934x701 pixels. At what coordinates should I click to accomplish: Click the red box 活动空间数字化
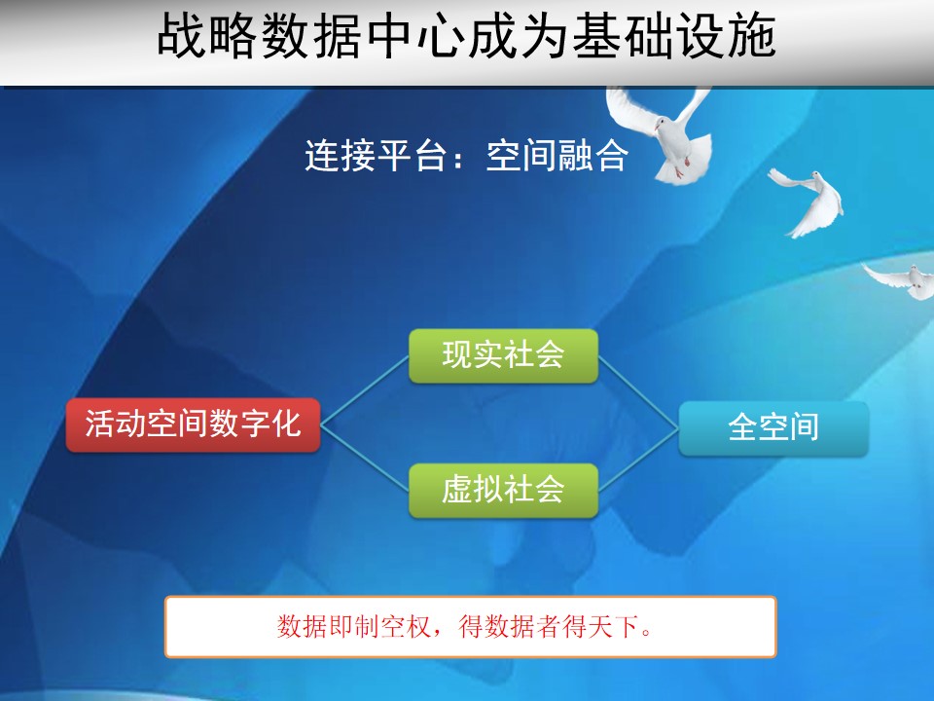point(193,425)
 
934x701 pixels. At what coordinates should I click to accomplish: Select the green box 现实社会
point(503,356)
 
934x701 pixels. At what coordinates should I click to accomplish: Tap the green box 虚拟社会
point(503,490)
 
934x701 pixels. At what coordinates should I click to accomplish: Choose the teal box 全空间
point(773,428)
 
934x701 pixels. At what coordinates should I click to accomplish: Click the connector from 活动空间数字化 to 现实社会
point(365,390)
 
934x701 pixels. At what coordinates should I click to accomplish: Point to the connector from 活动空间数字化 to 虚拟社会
point(365,458)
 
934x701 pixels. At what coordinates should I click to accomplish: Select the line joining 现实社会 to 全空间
point(638,391)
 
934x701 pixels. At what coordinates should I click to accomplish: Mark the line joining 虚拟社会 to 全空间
point(638,459)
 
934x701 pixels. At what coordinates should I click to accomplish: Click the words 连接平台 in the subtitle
point(376,156)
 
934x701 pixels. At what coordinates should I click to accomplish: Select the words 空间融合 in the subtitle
point(557,156)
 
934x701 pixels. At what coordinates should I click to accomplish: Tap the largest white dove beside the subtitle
point(667,134)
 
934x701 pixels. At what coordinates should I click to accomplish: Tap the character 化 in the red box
point(287,424)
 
